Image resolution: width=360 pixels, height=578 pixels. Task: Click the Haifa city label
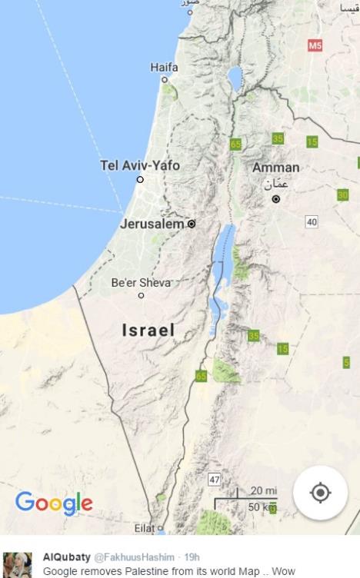[x=164, y=68]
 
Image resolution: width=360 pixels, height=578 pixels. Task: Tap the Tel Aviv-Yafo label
[x=139, y=165]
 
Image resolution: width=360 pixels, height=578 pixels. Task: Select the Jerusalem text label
[x=152, y=224]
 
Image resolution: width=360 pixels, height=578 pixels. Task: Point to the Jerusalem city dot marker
[x=192, y=224]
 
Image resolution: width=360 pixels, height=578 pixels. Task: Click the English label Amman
[x=276, y=168]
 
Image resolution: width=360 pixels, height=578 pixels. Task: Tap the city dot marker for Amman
[x=276, y=199]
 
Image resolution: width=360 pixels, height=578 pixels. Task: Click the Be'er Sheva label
[x=141, y=282]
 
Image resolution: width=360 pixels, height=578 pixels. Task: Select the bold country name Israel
[x=148, y=331]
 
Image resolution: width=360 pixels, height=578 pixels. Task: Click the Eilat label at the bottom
[x=144, y=529]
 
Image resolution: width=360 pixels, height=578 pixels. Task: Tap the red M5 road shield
[x=314, y=46]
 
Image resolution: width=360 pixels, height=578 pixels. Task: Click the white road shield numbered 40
[x=312, y=222]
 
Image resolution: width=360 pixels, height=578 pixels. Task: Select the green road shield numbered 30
[x=343, y=194]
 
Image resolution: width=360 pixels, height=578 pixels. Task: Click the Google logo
[x=54, y=503]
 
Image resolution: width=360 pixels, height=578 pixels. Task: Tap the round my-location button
[x=320, y=493]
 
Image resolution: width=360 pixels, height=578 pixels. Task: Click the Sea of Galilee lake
[x=234, y=77]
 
